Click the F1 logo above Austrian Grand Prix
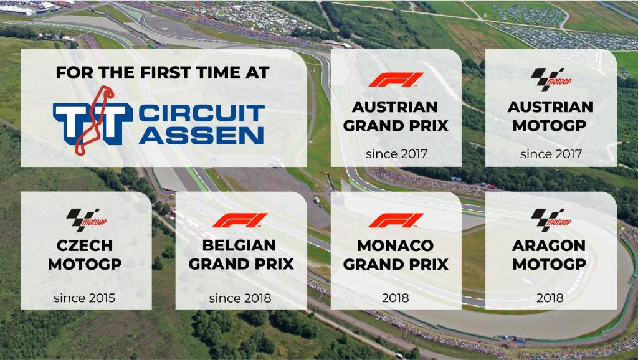396,80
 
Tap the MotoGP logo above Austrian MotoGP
551,79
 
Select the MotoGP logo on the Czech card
86,220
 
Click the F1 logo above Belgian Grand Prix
240,220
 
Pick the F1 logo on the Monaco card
396,220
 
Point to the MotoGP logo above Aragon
551,220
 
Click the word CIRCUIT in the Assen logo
201,113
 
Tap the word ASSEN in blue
201,135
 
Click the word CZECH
85,245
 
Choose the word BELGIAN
239,245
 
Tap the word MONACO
395,245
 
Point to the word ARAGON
549,245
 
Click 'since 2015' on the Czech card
85,298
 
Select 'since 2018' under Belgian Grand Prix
240,298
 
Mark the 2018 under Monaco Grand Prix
396,298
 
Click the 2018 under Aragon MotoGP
550,298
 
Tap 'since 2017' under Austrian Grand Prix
396,154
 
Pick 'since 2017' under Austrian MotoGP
551,154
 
